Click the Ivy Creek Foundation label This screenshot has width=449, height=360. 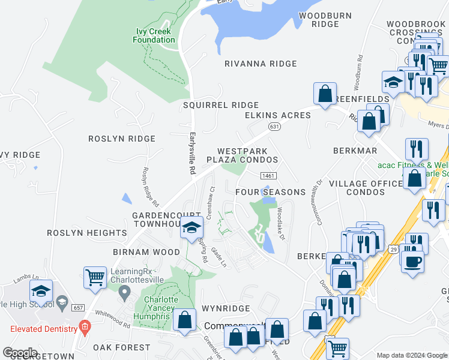[x=154, y=35]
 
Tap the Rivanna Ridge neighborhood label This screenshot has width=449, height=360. [x=261, y=64]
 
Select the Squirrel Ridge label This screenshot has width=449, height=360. [x=221, y=105]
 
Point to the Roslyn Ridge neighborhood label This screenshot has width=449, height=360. [x=122, y=139]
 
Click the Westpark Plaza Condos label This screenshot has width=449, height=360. [x=242, y=155]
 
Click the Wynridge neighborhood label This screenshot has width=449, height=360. [x=225, y=308]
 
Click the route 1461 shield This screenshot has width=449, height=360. [x=268, y=175]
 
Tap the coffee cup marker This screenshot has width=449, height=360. [x=413, y=261]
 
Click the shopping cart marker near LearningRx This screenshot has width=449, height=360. [x=95, y=277]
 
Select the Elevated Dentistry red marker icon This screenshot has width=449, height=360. [x=85, y=328]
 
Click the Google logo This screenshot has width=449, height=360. [x=20, y=352]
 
